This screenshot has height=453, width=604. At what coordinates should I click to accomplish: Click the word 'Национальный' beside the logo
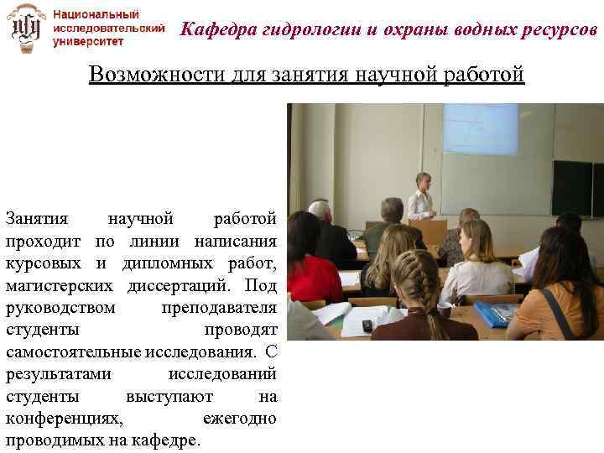tap(96, 14)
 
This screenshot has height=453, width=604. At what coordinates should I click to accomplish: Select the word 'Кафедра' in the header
tap(216, 30)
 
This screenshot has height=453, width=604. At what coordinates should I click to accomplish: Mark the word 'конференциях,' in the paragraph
tap(64, 417)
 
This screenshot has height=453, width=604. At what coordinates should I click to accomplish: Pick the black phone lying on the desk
tap(367, 325)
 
